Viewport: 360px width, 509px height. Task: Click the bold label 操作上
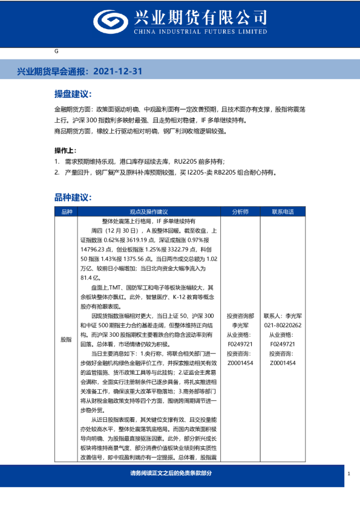pos(65,151)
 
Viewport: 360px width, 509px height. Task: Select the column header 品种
pos(67,212)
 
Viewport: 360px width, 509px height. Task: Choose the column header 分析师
pos(240,212)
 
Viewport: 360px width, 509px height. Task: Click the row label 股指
pos(67,340)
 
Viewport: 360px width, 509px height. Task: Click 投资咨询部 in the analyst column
pos(240,316)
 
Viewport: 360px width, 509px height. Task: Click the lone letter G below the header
pos(56,53)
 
